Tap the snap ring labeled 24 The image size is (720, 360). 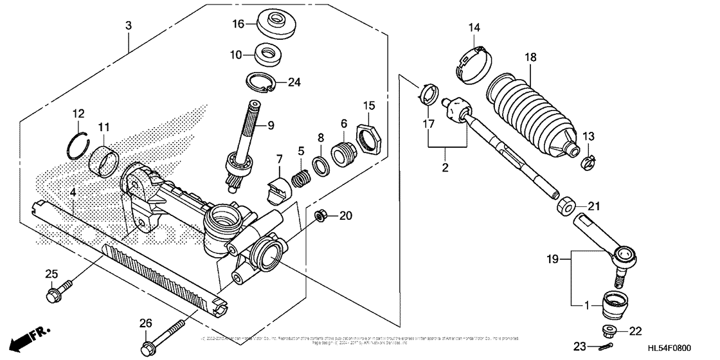(x=265, y=82)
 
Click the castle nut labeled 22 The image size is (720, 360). (x=608, y=331)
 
